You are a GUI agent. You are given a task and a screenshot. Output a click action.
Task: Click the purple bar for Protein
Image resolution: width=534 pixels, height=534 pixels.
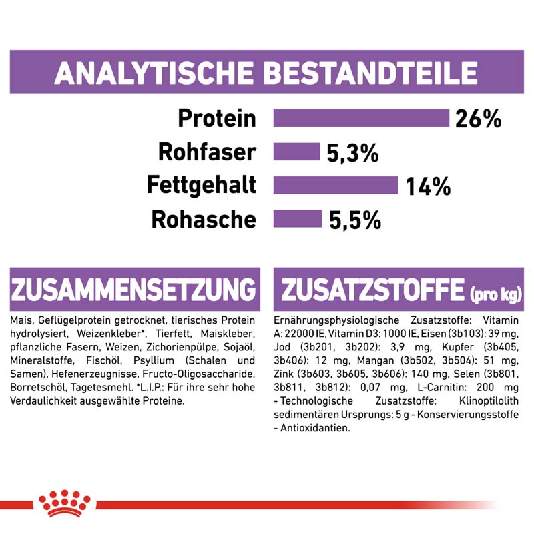click(361, 118)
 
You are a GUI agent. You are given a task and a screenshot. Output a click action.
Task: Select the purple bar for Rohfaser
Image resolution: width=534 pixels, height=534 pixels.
click(297, 152)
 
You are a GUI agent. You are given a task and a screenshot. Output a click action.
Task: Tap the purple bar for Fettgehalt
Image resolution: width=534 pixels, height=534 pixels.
click(336, 185)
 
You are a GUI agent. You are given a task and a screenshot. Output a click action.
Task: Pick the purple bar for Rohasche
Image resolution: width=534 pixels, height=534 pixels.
click(298, 218)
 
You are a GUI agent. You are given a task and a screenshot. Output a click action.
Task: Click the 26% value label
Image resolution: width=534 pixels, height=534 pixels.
click(478, 119)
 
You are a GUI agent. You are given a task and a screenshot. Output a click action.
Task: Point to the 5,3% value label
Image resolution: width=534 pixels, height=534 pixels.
click(352, 154)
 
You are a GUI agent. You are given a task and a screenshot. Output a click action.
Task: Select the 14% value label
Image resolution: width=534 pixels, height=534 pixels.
click(429, 187)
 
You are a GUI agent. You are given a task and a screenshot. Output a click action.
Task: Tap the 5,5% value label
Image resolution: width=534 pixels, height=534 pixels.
click(355, 220)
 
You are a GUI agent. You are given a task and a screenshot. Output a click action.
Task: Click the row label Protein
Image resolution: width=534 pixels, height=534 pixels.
click(217, 119)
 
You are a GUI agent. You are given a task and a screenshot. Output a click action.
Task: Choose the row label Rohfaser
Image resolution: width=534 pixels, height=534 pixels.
click(206, 152)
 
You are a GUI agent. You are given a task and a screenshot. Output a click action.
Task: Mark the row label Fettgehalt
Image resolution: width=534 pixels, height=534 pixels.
click(201, 186)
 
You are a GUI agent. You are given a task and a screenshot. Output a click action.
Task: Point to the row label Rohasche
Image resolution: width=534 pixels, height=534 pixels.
click(204, 219)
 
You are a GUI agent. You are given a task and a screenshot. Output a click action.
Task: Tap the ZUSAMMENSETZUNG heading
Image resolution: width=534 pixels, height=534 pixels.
click(133, 290)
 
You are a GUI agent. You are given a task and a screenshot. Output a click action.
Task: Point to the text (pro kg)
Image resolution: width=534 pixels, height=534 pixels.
click(496, 294)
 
